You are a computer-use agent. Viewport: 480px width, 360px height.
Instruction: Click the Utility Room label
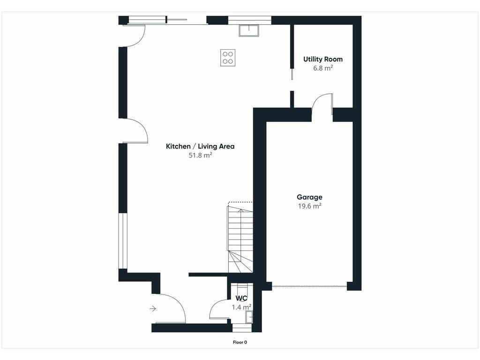322,59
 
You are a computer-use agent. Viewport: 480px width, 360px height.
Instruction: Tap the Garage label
309,197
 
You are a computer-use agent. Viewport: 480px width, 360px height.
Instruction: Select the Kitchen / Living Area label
200,146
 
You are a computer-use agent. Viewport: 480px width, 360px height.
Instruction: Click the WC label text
241,298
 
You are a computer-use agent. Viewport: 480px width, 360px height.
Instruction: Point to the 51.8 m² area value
200,155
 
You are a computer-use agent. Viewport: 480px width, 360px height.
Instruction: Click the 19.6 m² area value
309,206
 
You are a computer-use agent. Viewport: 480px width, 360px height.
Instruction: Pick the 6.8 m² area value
322,68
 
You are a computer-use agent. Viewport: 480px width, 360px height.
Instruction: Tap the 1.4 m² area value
241,307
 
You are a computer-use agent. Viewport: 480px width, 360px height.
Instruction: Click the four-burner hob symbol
228,58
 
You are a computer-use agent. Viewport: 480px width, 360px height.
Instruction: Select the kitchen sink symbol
249,30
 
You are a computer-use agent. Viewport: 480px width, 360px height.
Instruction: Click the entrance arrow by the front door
153,308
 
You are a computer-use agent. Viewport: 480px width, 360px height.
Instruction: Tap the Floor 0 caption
240,342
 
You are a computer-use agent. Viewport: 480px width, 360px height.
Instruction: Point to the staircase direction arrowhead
241,210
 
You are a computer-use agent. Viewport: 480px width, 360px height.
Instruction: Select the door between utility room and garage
322,104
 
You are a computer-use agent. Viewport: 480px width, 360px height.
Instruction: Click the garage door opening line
309,286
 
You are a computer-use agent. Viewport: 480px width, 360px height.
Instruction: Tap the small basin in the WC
249,317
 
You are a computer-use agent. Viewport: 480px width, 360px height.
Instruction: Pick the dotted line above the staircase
240,202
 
